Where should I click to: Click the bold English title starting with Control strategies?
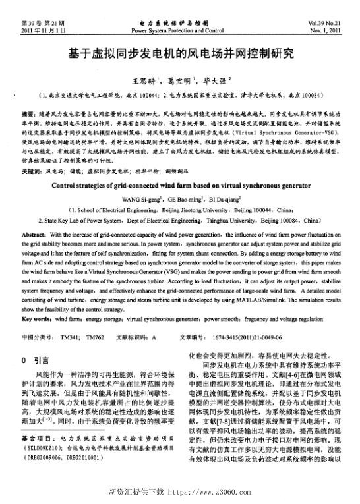pos(180,185)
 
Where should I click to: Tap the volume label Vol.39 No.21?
pos(326,24)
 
